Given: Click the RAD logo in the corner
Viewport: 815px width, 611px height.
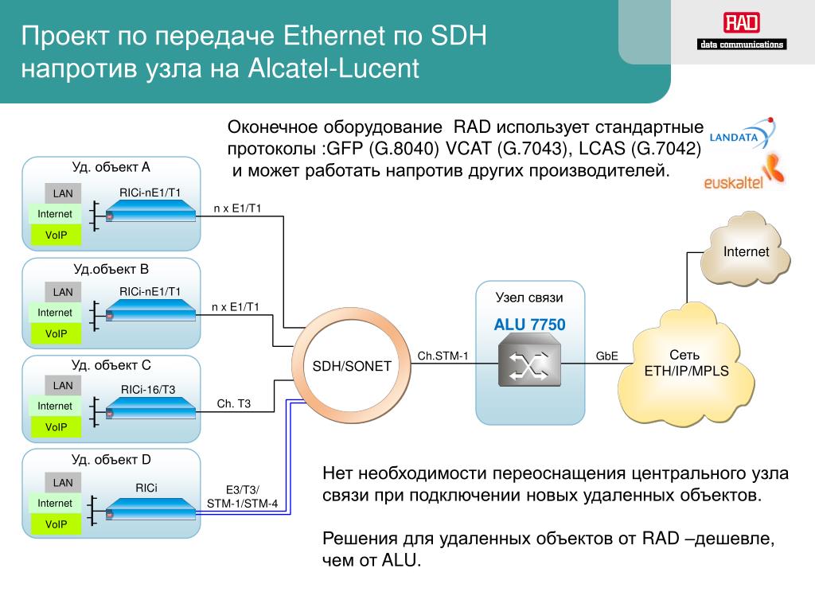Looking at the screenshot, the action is coord(742,31).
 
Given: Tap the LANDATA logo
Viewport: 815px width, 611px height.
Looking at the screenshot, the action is coord(743,134).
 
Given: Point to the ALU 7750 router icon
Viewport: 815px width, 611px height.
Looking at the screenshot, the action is coord(529,360).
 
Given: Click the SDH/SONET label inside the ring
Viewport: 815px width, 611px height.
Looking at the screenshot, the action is coord(351,366).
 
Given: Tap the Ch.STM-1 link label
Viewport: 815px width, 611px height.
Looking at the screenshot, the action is coord(443,356).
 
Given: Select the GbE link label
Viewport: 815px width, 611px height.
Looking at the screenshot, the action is coord(606,356).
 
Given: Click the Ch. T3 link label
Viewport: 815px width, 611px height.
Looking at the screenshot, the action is coord(233,403).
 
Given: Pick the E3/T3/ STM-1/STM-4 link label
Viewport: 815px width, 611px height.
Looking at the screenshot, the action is coord(242,496).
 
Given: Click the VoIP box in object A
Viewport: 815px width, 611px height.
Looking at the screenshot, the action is coord(57,235).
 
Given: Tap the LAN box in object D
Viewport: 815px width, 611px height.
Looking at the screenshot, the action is coord(63,483).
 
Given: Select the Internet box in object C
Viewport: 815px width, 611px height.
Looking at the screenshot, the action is coord(55,406).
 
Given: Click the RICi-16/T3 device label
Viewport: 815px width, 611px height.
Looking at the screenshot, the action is coord(148,390).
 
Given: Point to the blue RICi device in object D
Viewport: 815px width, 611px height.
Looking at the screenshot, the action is coord(150,509).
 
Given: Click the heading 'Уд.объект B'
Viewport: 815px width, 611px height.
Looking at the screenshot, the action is coord(111,269).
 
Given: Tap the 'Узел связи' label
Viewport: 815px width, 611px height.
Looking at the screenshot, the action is coord(529,298).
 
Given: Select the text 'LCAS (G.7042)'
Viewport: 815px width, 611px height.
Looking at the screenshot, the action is coord(640,149).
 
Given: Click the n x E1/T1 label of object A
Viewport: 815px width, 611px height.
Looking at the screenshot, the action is coord(237,208).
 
